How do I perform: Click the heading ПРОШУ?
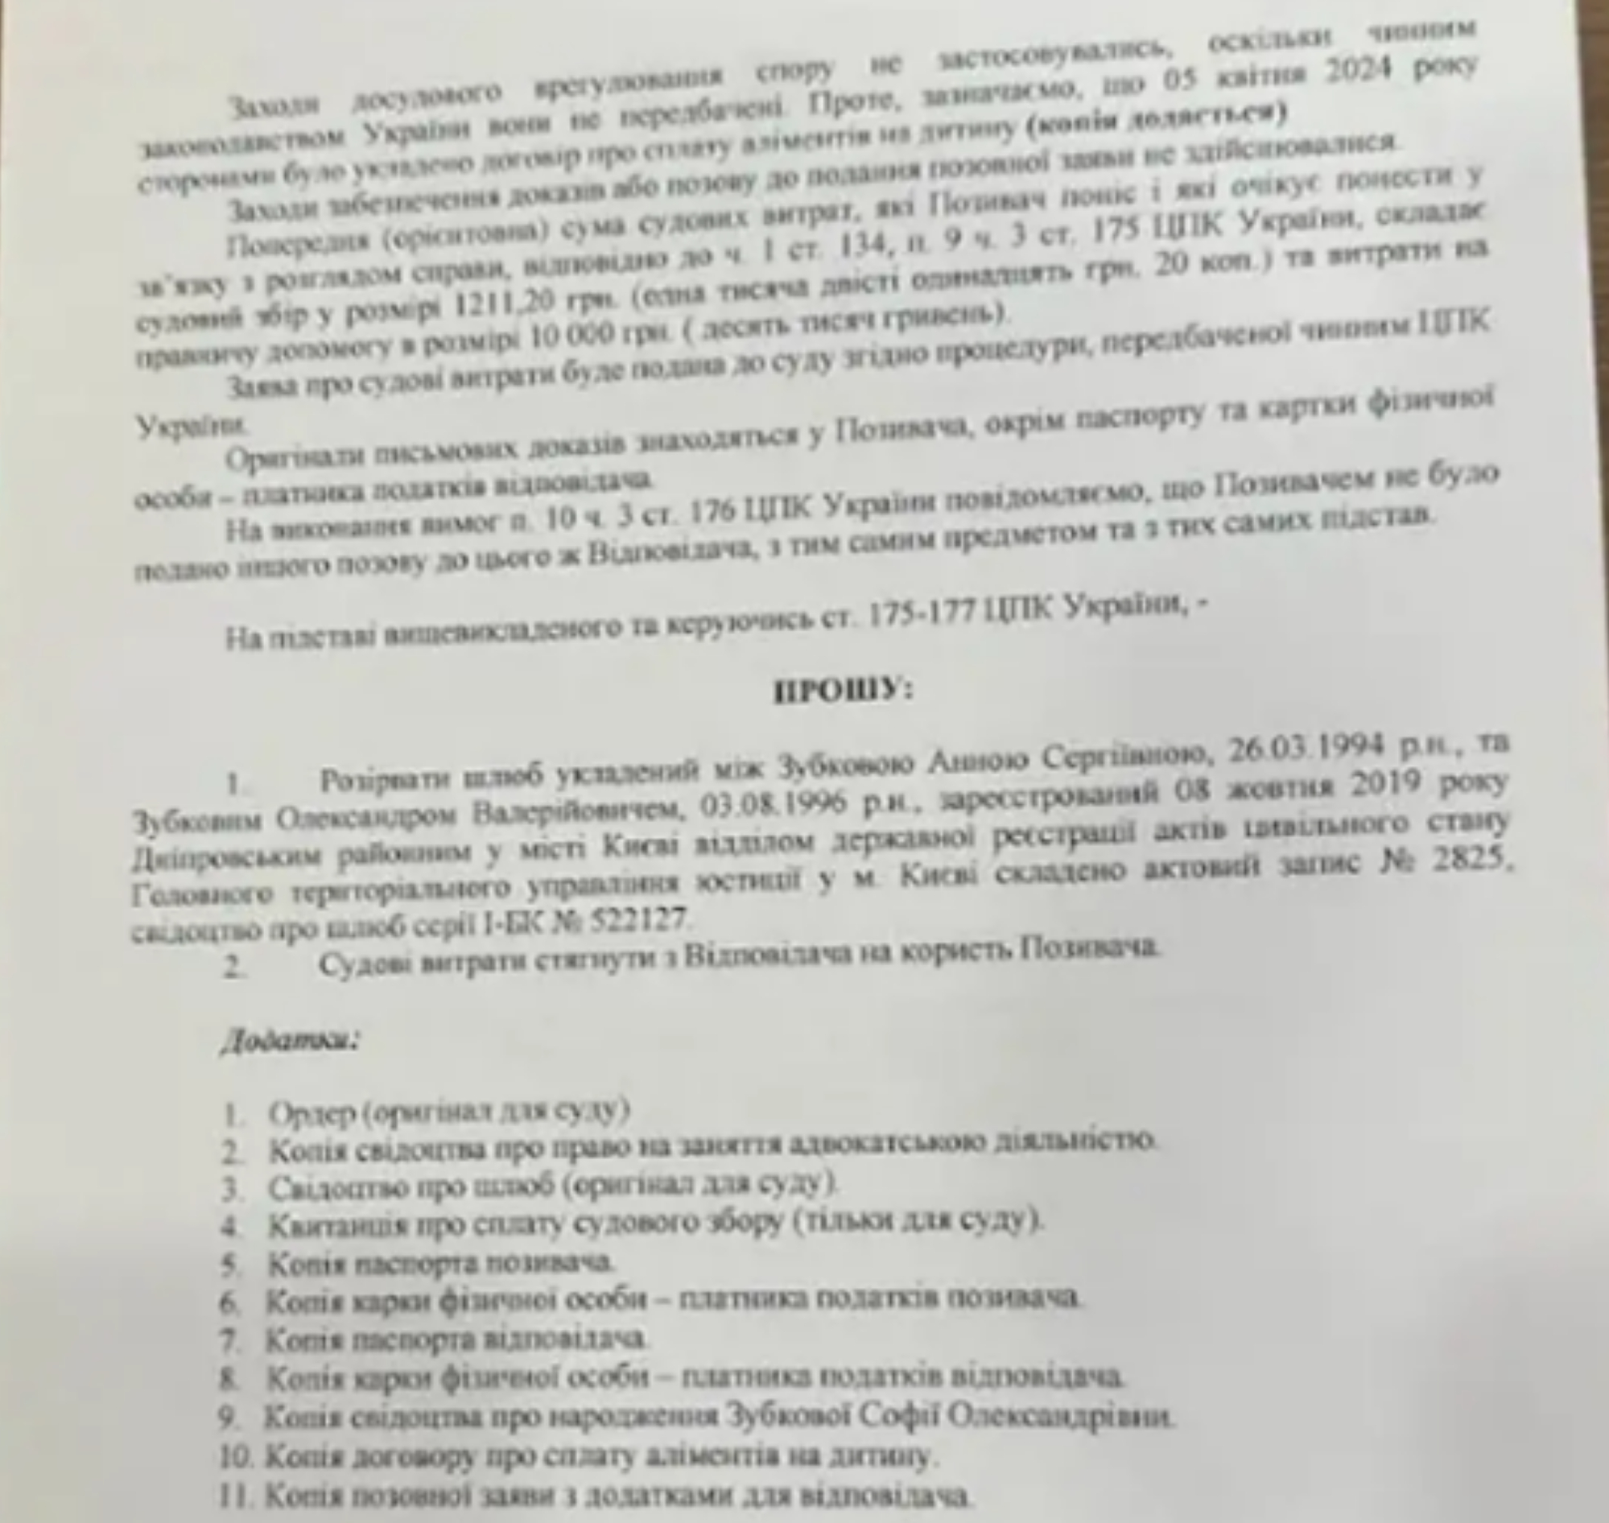pyautogui.click(x=843, y=691)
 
